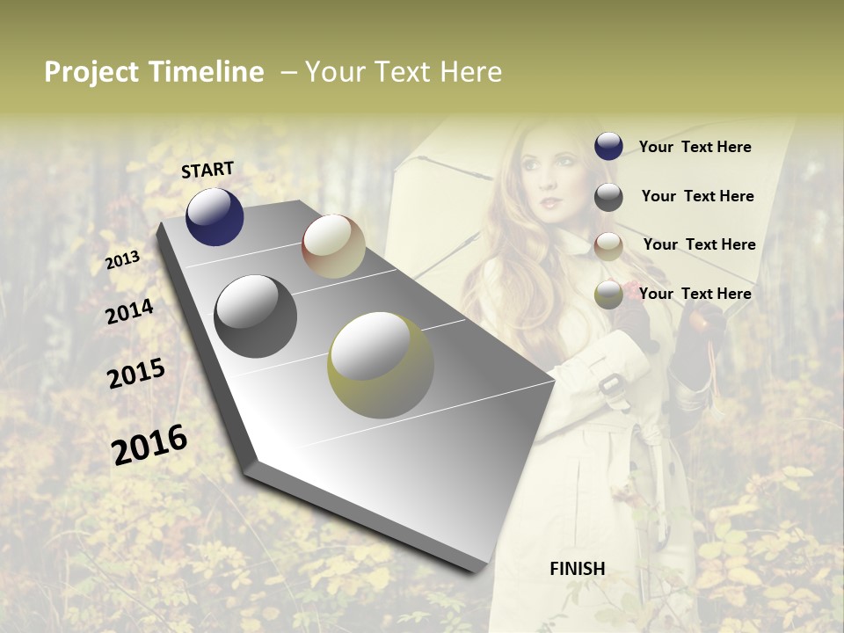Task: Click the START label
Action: point(207,170)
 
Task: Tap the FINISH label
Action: point(578,569)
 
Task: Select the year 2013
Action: point(122,259)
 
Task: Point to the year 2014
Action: point(129,311)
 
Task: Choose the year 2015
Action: point(136,374)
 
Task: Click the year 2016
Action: point(149,444)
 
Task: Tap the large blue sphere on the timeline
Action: point(215,216)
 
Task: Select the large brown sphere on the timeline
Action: point(333,246)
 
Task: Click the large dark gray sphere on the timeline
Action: point(256,316)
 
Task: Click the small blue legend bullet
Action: point(608,147)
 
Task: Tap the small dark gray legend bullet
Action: point(608,197)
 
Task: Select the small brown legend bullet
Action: point(608,246)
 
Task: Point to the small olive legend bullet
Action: point(608,295)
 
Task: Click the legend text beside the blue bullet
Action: point(695,147)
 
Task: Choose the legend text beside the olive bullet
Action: point(695,294)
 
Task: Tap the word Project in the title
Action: point(92,72)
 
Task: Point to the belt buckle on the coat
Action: point(608,387)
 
